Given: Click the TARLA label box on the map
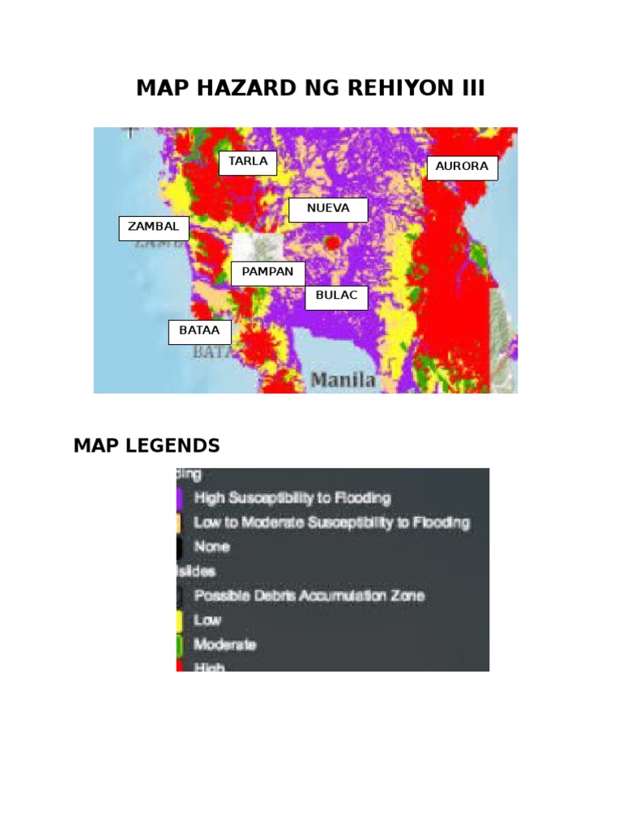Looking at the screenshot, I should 248,163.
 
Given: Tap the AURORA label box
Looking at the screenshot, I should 462,168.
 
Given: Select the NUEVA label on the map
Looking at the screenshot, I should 328,210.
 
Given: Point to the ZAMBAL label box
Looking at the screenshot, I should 154,228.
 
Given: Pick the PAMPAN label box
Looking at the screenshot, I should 267,273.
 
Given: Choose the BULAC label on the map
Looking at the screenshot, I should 336,297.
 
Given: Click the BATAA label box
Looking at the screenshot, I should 199,332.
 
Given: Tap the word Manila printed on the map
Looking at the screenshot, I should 343,380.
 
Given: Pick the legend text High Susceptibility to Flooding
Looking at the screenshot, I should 292,497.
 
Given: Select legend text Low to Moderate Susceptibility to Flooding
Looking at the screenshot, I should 331,522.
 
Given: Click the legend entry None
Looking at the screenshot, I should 211,546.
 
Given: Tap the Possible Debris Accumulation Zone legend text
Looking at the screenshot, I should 309,596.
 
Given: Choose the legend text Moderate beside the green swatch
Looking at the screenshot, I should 225,644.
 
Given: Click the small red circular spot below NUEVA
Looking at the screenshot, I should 331,241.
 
